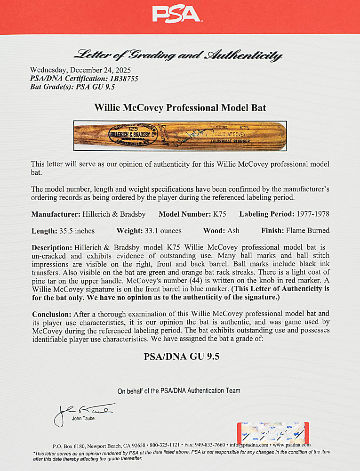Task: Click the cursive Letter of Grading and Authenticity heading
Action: (x=180, y=56)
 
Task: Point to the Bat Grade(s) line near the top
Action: (x=72, y=87)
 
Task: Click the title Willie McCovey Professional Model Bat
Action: (x=180, y=108)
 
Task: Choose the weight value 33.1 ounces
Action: (x=162, y=231)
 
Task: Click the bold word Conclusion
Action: (x=50, y=313)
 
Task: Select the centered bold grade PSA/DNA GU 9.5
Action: (x=180, y=357)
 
